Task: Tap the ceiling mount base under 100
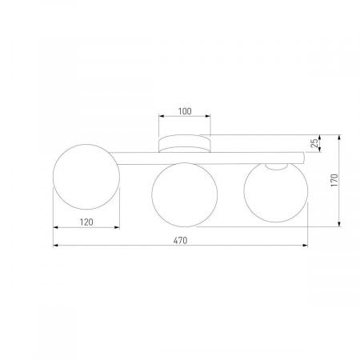tap(185, 145)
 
